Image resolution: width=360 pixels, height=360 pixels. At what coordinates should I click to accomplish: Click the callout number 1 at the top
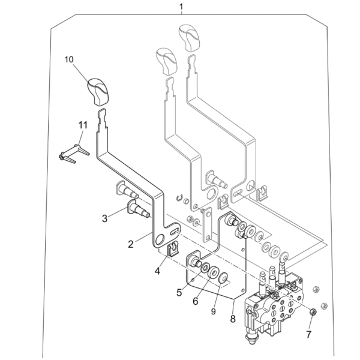(181, 7)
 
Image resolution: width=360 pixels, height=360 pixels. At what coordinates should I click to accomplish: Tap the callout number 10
(69, 59)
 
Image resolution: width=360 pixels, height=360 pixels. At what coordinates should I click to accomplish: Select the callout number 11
(83, 125)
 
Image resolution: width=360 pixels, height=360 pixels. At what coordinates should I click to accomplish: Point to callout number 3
(104, 218)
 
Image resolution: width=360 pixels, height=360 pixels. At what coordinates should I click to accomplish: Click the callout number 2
(131, 244)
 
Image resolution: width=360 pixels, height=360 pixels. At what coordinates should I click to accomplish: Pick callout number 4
(157, 271)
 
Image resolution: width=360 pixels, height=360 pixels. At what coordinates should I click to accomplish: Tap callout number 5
(179, 293)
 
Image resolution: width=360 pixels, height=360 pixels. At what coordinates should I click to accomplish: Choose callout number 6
(196, 301)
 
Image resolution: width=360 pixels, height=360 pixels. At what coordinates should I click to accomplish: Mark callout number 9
(213, 311)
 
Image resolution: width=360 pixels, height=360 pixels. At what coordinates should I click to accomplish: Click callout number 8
(233, 319)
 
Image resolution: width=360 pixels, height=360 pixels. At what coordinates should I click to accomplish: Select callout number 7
(308, 334)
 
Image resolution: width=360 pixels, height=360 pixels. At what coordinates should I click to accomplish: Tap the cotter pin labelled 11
(73, 154)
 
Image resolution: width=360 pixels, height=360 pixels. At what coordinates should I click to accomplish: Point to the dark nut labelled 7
(313, 312)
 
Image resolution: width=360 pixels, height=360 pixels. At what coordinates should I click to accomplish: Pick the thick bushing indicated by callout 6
(214, 272)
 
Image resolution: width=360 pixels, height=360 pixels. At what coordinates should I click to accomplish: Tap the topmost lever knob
(190, 38)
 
